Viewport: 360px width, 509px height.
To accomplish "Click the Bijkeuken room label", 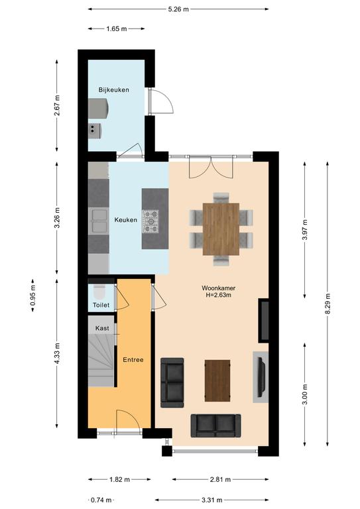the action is (113, 90).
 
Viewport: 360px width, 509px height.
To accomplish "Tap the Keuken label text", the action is (125, 220).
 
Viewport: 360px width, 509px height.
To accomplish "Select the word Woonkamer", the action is (219, 288).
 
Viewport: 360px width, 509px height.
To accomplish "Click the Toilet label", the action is (101, 305).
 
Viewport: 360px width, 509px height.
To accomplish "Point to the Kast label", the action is (102, 328).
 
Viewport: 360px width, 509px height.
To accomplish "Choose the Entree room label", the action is (133, 360).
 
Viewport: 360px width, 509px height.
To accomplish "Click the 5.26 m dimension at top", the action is (178, 9).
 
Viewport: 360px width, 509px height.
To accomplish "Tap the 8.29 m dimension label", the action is (328, 304).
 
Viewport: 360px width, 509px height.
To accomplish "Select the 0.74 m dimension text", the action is (101, 500).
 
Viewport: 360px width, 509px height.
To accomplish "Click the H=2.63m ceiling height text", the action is (219, 295).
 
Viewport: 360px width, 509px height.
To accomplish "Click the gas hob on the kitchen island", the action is (151, 221).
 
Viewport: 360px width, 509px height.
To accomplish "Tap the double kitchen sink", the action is (98, 221).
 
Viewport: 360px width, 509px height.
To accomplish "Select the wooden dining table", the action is (221, 229).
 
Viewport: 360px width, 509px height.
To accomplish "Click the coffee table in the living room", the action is (217, 380).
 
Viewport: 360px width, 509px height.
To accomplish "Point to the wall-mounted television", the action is (261, 377).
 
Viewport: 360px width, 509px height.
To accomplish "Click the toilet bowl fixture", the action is (99, 292).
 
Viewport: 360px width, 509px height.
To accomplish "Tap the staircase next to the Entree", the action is (101, 360).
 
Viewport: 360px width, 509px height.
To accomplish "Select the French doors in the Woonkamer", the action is (211, 167).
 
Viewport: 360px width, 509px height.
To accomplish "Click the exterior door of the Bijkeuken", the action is (161, 101).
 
